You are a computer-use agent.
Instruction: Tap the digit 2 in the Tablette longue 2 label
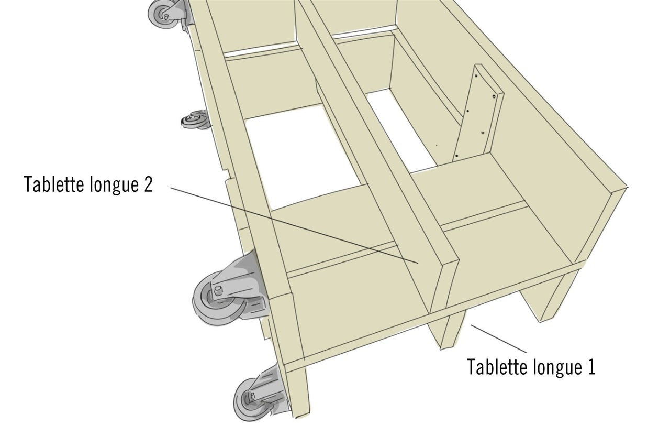point(148,184)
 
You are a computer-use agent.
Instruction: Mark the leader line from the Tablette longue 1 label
point(499,339)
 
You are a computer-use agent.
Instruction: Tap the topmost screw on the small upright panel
point(477,76)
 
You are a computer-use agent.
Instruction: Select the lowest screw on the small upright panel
point(457,156)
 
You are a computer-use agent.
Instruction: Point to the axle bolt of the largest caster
point(218,290)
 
